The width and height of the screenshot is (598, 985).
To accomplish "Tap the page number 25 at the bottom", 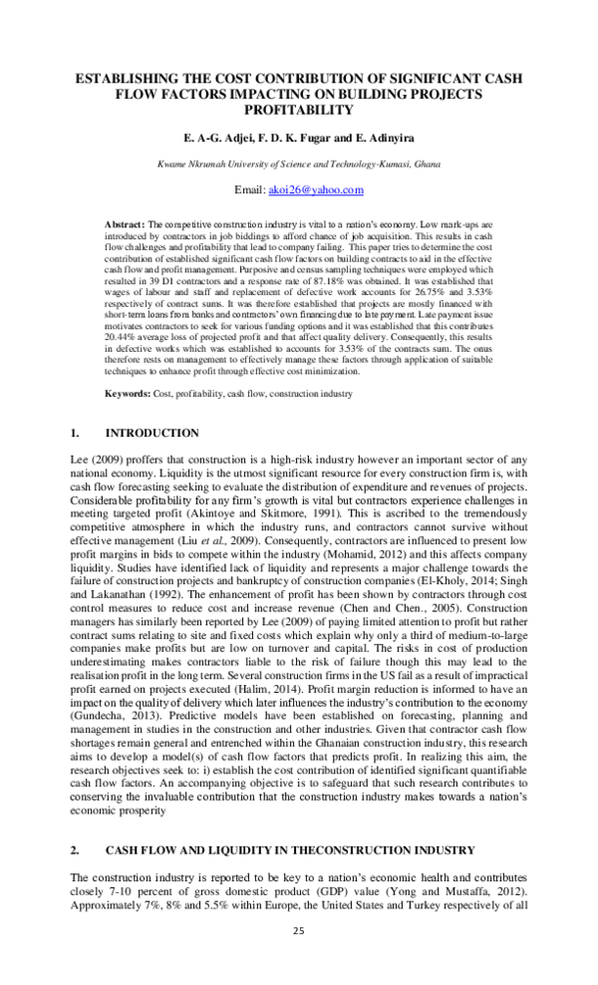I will [x=298, y=930].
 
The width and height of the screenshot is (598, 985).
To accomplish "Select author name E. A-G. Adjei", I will [x=210, y=138].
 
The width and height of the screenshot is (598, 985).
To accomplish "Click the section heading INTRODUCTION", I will [x=151, y=433].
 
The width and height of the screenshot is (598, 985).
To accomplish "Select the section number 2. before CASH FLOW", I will [x=74, y=849].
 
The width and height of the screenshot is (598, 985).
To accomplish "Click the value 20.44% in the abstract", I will [x=124, y=339].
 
